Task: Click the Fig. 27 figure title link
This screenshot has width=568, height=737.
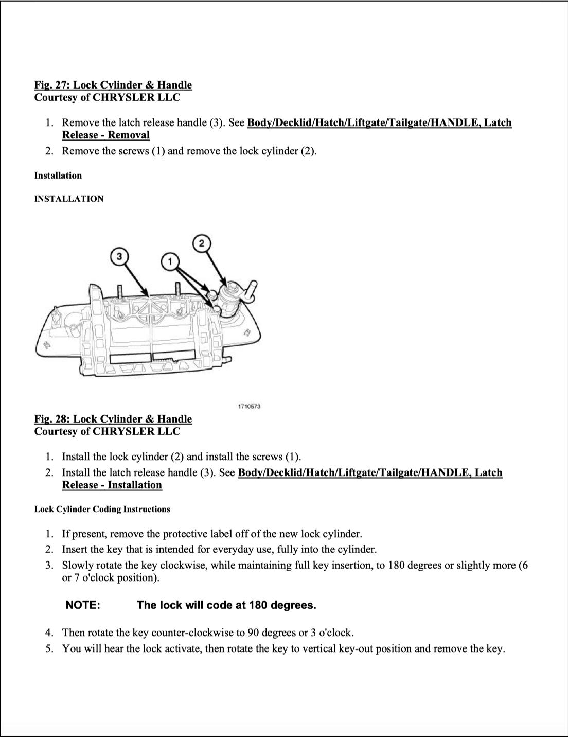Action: coord(113,85)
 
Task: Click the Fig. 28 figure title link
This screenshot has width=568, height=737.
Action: coord(113,419)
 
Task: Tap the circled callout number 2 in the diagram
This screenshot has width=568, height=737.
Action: coord(202,243)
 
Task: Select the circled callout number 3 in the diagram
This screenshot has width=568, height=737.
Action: coord(119,257)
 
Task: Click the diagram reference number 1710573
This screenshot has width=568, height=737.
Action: coord(249,407)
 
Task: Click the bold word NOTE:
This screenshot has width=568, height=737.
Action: coord(83,605)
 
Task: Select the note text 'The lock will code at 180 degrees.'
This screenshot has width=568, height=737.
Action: coord(226,605)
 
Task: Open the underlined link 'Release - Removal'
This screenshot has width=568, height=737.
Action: coord(106,135)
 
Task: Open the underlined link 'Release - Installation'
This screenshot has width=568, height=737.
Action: coord(112,485)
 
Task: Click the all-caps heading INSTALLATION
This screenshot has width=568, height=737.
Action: coord(68,199)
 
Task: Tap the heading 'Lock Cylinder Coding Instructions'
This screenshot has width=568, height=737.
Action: coord(102,510)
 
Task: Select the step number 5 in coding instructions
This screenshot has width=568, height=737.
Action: coord(48,648)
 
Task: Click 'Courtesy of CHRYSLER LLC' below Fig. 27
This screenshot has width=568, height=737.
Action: coord(107,97)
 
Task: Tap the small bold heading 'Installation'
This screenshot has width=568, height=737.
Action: coord(58,176)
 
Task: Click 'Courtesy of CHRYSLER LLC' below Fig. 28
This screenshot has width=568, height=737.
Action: coord(107,431)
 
